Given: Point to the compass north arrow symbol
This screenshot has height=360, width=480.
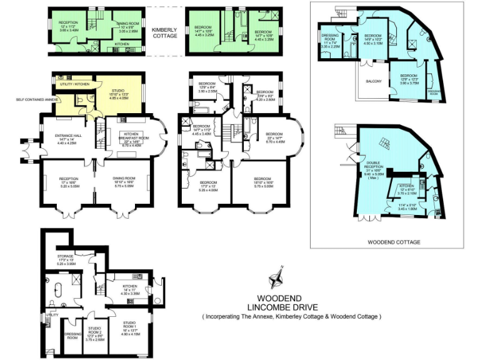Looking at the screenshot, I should point(276,280).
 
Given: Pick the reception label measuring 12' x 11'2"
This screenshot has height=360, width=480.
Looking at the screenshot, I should point(69,25).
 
